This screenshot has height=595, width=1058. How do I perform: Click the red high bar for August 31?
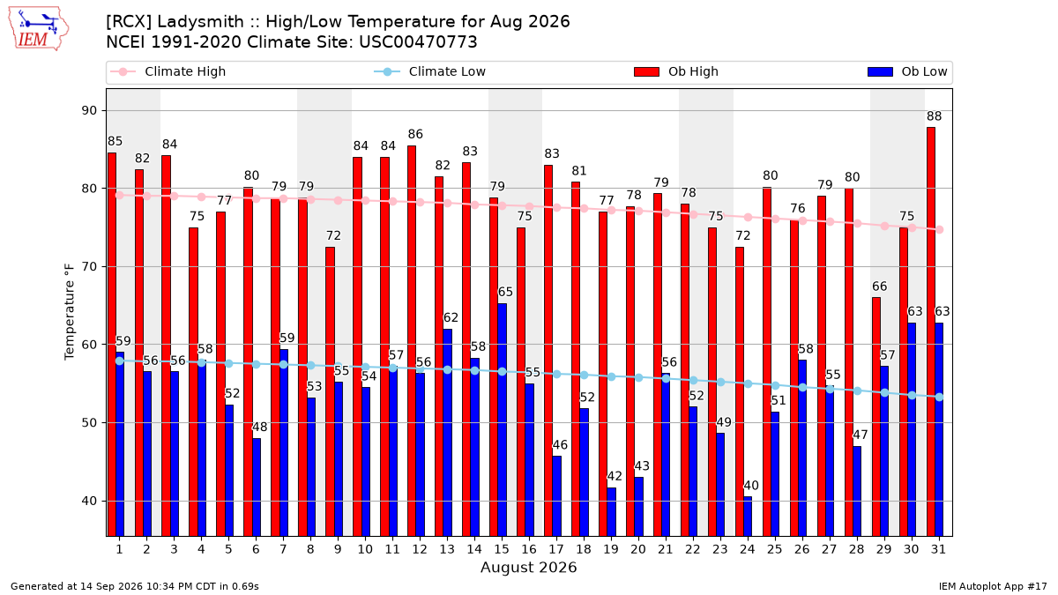coord(930,331)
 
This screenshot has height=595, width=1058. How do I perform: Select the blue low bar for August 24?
coord(748,517)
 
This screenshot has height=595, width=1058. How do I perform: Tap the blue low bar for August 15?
coord(502,420)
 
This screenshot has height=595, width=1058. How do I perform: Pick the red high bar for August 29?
coord(876,417)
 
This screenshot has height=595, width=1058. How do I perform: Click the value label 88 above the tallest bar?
coord(934,116)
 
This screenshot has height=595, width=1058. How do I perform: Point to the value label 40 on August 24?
coord(751,486)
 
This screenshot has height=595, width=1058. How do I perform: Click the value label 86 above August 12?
coord(415,134)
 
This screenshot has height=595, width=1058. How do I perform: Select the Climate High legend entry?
coord(168,71)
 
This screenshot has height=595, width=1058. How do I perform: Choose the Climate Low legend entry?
coord(429,71)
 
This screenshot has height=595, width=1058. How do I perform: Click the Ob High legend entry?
coord(676,71)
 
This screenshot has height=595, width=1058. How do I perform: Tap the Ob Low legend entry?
coord(907,71)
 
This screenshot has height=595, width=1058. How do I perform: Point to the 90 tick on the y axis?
coord(89,110)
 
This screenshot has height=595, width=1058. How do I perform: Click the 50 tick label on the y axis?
coord(89,422)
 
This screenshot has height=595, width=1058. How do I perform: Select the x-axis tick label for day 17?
coord(556,549)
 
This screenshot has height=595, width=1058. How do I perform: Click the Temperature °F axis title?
coord(70,312)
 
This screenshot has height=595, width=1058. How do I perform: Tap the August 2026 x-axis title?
coord(528,567)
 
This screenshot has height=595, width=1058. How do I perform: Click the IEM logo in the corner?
coord(39,29)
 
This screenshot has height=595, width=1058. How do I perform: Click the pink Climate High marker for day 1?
coord(120,195)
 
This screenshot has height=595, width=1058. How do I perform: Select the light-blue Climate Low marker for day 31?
coord(939,398)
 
